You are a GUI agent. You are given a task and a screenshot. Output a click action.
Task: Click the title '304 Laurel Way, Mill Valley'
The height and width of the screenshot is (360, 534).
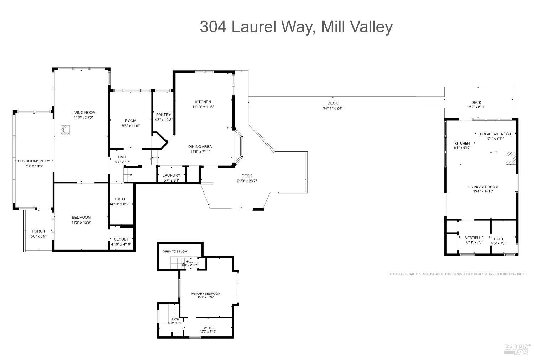(296, 27)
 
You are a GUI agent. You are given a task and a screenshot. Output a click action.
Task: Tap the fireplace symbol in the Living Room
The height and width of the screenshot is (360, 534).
(65, 130)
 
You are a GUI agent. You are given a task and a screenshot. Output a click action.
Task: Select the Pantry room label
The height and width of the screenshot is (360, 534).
(163, 117)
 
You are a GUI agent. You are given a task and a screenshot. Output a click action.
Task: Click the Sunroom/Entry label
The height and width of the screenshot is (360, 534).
(34, 163)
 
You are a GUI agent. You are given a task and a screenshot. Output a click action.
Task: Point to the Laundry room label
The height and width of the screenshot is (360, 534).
(171, 177)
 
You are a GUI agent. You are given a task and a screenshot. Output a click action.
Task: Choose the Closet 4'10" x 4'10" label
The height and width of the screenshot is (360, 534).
(121, 242)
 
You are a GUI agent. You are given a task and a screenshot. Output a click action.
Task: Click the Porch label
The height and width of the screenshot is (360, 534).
(38, 233)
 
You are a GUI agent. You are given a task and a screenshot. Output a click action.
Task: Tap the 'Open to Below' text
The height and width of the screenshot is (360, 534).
(175, 251)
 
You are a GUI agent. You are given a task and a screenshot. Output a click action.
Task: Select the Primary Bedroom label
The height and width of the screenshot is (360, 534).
(205, 295)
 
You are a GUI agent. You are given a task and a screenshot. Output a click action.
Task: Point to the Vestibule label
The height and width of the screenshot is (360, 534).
(474, 240)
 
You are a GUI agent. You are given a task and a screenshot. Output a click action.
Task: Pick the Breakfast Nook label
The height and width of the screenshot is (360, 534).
(495, 136)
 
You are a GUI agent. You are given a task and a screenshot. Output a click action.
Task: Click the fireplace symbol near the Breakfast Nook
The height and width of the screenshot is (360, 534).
(511, 158)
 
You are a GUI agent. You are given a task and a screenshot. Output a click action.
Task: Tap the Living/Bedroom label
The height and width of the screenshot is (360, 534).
(483, 189)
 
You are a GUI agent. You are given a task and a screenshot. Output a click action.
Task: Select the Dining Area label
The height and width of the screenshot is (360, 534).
(200, 149)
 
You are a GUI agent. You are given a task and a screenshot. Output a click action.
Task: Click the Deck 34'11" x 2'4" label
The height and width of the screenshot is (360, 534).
(333, 105)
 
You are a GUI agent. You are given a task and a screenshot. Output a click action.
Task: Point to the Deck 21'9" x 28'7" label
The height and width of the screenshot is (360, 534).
(247, 178)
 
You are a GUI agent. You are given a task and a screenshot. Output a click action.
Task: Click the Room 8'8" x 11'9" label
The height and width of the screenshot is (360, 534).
(130, 123)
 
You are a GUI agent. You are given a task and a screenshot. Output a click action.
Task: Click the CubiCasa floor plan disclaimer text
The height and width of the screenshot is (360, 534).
(457, 274)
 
